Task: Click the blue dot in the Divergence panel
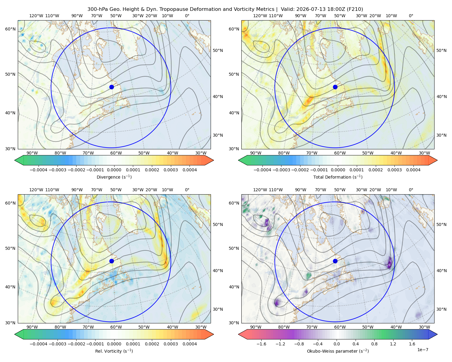[111, 87]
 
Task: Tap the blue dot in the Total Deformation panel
[335, 87]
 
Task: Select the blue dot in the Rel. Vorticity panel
[111, 261]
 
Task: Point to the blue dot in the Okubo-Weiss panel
[335, 261]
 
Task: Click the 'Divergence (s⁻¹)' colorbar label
[114, 177]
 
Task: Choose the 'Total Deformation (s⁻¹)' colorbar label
[338, 177]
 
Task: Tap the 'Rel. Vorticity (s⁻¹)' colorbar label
[114, 351]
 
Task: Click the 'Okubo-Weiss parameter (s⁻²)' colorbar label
[338, 351]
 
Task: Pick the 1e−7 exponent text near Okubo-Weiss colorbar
[422, 350]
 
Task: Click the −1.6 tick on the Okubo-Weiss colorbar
[261, 344]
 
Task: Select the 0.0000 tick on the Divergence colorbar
[114, 170]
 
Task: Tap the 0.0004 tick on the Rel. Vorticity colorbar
[190, 344]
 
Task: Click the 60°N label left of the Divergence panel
[10, 29]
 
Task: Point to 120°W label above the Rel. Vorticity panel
[36, 190]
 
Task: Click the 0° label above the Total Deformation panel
[411, 16]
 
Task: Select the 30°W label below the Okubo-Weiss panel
[425, 327]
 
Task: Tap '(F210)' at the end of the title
[355, 9]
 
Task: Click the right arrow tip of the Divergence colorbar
[214, 160]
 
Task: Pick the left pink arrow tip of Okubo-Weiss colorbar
[238, 335]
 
